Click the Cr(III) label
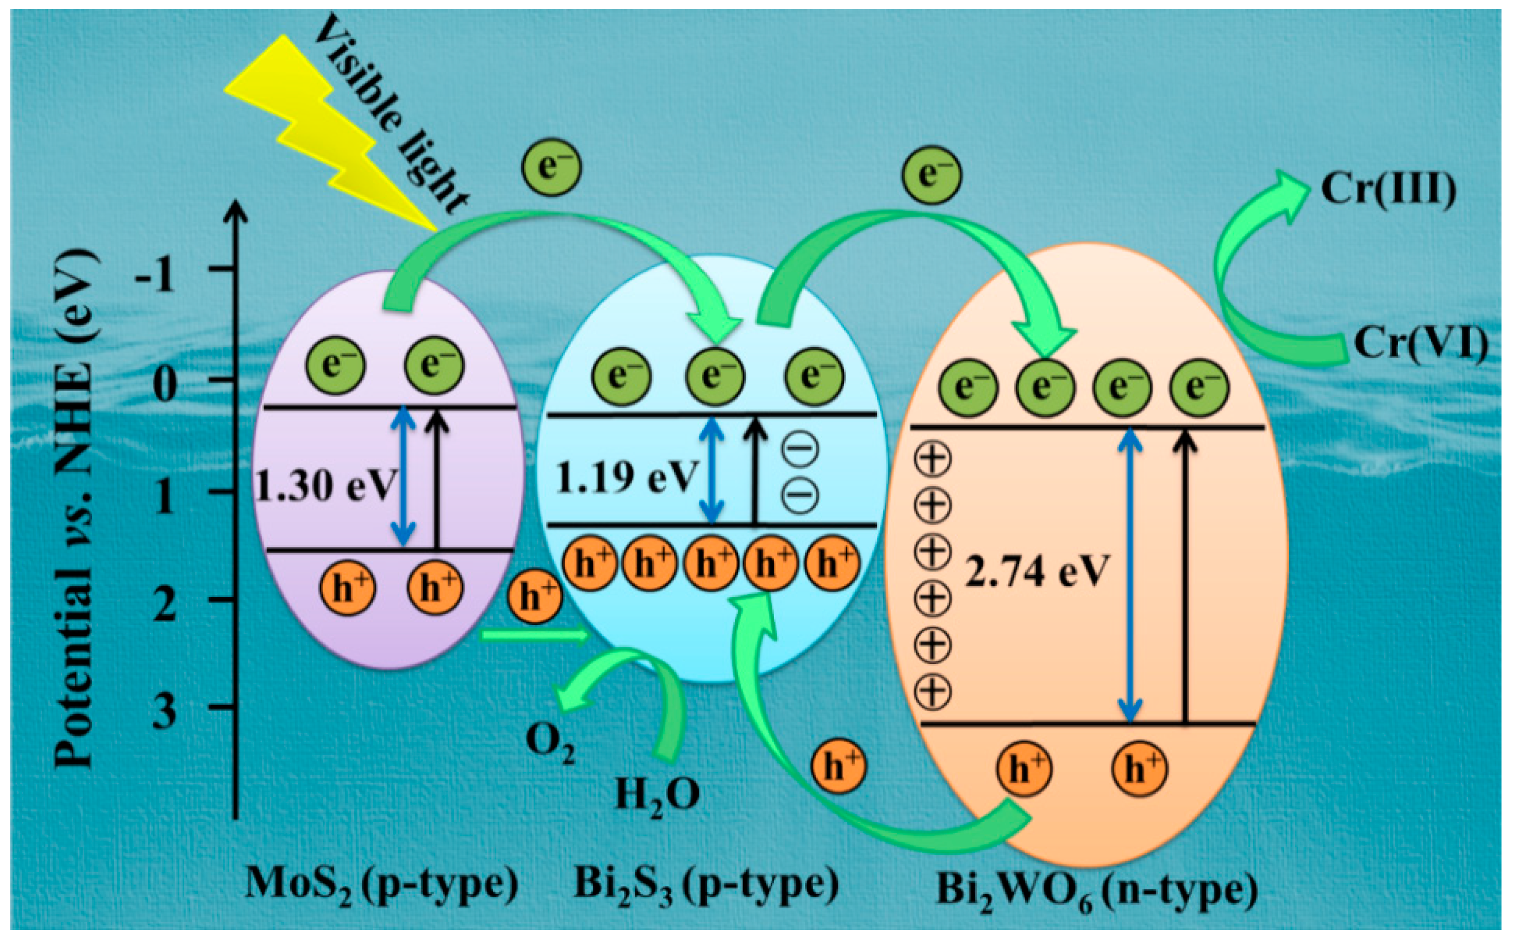point(1388,188)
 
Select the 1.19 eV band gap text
point(626,478)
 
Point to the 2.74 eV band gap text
point(1036,570)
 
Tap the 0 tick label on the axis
point(164,385)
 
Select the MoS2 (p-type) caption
point(382,884)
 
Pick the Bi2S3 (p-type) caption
point(705,884)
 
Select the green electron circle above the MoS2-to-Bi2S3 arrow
point(551,167)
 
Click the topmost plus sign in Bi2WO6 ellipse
point(932,460)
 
